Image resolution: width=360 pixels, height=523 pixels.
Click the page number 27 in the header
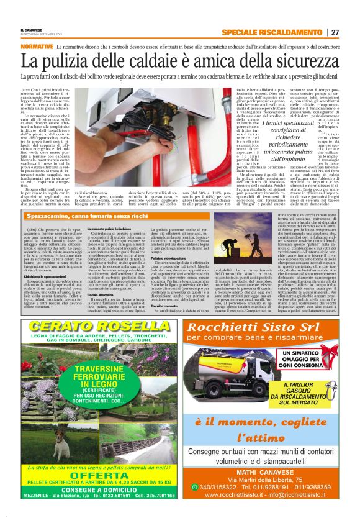point(335,33)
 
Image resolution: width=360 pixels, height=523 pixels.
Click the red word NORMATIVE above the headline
point(37,47)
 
